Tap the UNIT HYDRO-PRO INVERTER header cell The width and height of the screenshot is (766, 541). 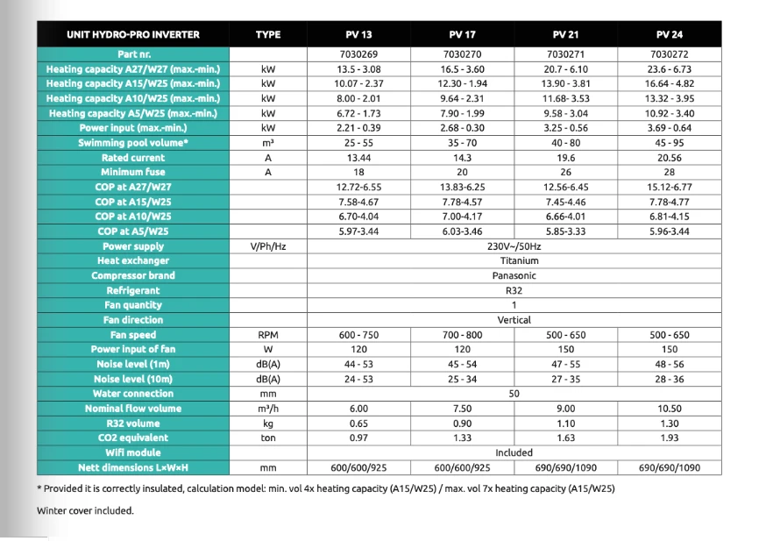(133, 35)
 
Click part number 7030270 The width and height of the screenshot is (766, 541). (462, 54)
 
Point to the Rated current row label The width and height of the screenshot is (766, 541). (133, 158)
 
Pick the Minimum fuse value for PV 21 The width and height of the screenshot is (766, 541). (565, 173)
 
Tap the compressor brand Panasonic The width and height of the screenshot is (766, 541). (514, 275)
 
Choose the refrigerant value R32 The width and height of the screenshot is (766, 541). (514, 290)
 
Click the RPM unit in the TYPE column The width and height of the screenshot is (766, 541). (268, 335)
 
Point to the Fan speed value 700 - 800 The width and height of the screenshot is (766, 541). (462, 335)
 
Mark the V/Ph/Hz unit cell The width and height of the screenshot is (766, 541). (268, 246)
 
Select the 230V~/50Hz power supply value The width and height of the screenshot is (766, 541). (514, 246)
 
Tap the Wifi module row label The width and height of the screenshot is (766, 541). (133, 452)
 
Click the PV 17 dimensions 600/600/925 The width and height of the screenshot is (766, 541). (462, 468)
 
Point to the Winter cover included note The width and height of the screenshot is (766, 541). (85, 510)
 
